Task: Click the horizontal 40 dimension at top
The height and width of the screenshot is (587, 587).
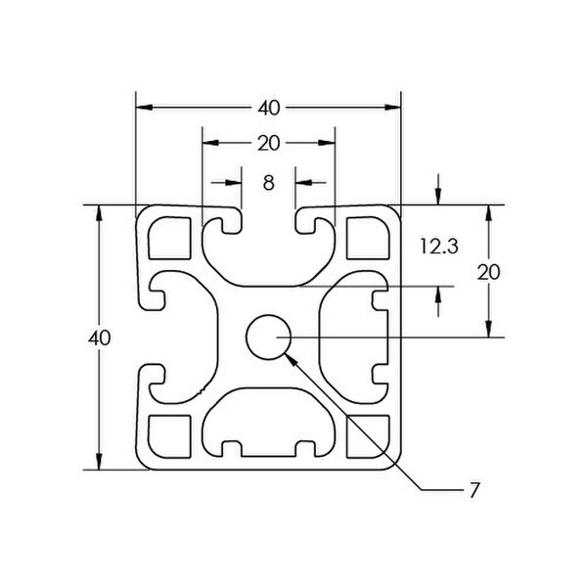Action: click(268, 109)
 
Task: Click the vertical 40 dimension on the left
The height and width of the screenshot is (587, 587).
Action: click(99, 339)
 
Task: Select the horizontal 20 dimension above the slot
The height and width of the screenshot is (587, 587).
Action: click(268, 144)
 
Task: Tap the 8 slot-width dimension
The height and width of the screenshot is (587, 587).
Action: click(268, 184)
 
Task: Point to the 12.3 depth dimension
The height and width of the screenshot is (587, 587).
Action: click(438, 247)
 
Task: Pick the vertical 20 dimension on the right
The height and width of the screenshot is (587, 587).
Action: click(488, 272)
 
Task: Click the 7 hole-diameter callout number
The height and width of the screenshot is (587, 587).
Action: click(474, 490)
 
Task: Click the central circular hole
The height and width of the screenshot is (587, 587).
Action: click(268, 337)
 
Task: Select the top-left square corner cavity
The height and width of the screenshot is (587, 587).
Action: click(170, 238)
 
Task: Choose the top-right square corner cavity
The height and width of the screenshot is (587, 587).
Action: click(368, 238)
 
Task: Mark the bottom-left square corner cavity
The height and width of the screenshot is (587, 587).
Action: click(170, 436)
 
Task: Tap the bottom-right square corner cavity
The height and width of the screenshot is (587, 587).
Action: click(368, 436)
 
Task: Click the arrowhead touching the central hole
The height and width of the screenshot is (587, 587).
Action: click(292, 359)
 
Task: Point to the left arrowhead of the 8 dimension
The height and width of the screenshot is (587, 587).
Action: click(233, 183)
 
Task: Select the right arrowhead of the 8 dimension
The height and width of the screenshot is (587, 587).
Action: click(303, 183)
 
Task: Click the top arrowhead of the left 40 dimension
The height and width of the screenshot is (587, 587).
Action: click(99, 213)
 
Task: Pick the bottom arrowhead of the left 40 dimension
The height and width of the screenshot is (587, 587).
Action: click(99, 461)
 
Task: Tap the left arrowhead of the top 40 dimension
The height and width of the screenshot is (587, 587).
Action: click(145, 108)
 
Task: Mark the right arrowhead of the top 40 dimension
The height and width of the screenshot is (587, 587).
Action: click(392, 108)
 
